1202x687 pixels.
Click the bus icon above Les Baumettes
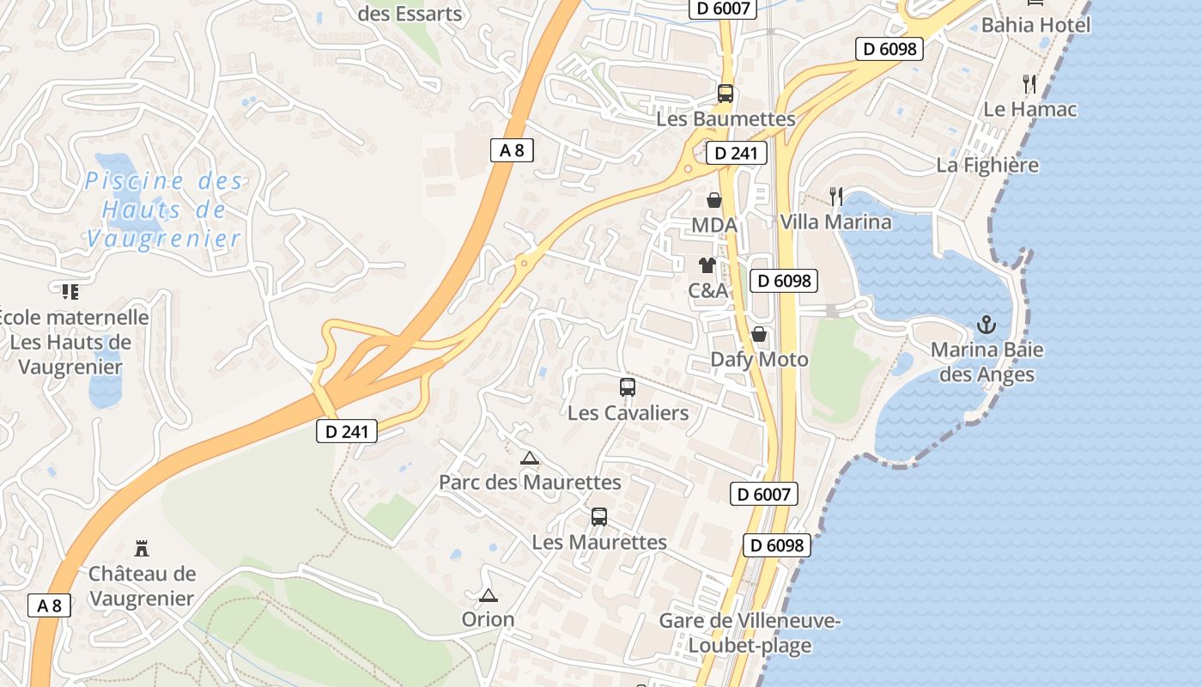725,94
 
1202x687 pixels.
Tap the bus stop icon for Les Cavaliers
628,387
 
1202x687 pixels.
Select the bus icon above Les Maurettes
599,517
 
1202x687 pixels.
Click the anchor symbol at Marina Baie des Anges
986,325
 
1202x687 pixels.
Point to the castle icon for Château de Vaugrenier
142,548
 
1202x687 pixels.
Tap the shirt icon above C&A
707,264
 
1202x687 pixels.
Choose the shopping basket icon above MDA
714,200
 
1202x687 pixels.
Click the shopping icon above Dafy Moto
759,333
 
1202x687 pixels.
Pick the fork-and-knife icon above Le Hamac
1030,84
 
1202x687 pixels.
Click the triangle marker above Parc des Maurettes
530,458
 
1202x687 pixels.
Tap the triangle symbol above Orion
489,595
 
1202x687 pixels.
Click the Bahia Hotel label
1035,24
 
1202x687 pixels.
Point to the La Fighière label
987,165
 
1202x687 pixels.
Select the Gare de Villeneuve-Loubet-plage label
750,633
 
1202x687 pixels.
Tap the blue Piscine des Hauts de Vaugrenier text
163,210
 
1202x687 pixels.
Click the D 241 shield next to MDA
736,154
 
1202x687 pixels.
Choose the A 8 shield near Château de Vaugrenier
49,605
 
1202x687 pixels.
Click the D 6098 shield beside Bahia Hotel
889,49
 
